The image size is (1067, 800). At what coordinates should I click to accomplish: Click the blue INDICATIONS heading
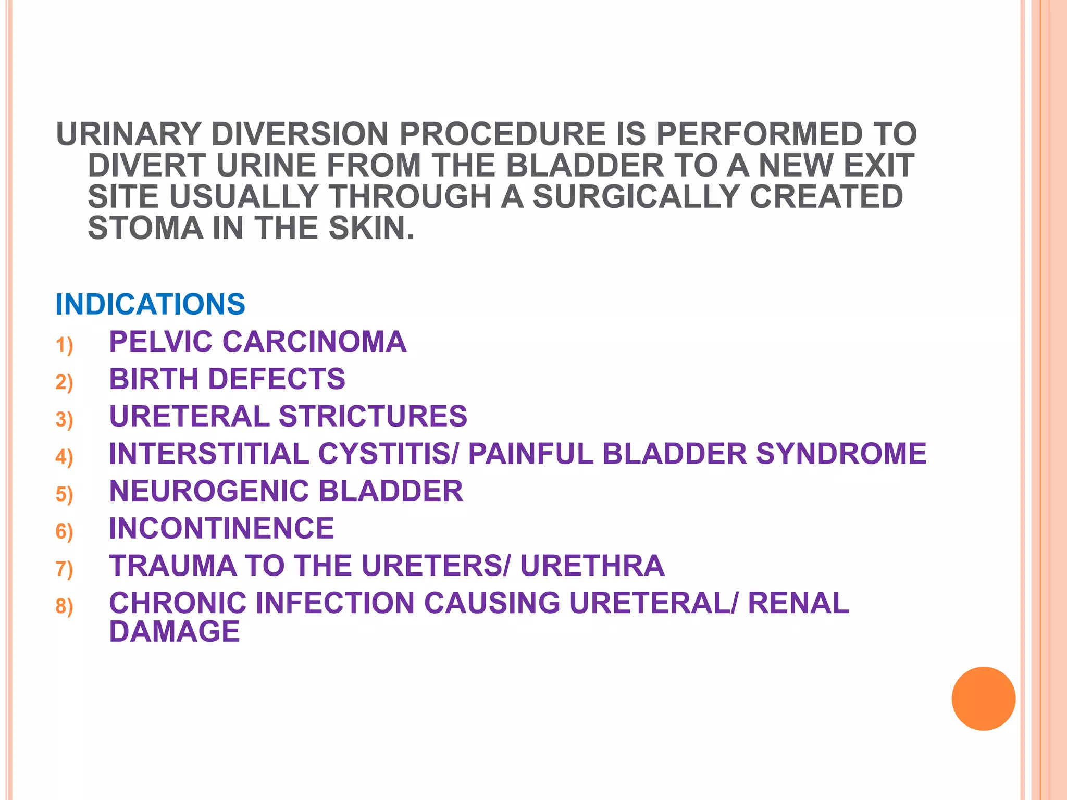[x=150, y=304]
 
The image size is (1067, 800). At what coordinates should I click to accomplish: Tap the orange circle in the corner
[x=983, y=698]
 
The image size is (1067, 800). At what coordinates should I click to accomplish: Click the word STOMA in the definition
[x=145, y=228]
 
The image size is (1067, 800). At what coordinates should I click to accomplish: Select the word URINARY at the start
[x=128, y=134]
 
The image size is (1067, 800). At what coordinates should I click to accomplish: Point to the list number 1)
[x=64, y=345]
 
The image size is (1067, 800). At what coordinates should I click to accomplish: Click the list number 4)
[x=64, y=457]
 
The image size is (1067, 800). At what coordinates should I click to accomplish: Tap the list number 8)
[x=64, y=606]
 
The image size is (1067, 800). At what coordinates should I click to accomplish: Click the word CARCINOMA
[x=314, y=342]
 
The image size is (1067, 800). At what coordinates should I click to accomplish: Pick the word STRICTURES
[x=373, y=417]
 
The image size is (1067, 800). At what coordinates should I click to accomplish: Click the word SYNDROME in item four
[x=841, y=454]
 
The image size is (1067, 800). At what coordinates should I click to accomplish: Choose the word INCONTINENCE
[x=221, y=528]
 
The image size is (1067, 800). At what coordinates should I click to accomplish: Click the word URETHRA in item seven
[x=592, y=566]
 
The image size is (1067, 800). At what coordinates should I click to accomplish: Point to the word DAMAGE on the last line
[x=175, y=632]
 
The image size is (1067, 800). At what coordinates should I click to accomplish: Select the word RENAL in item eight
[x=798, y=603]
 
